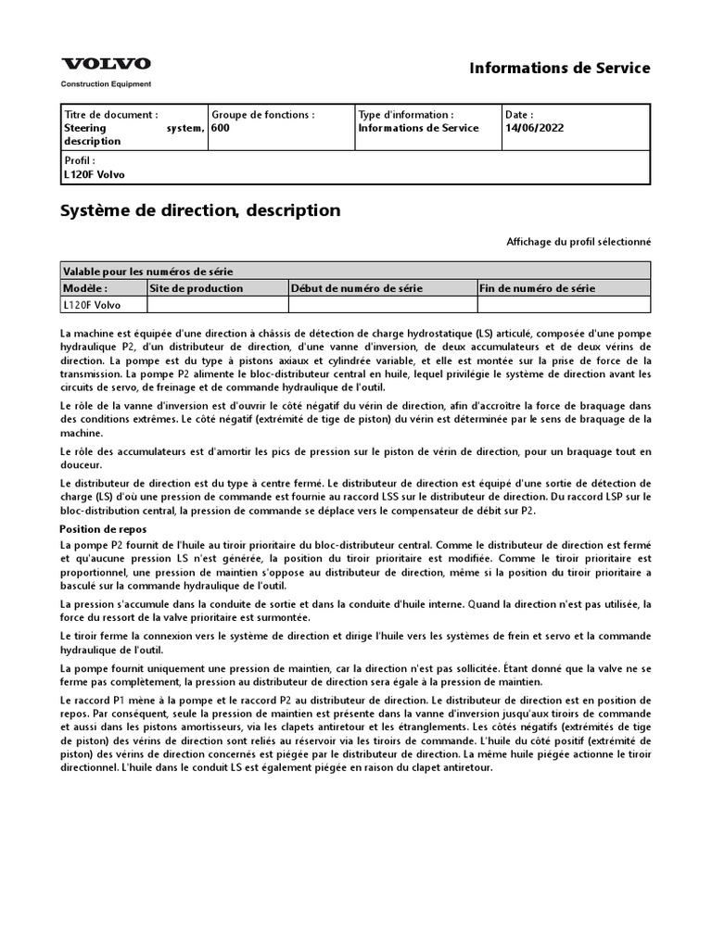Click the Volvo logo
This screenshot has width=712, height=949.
tap(106, 64)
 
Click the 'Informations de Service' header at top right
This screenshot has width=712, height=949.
tap(560, 68)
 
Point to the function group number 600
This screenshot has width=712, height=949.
tap(220, 128)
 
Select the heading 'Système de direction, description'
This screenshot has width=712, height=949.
tap(200, 210)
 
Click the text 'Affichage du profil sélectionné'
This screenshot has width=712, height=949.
tap(578, 242)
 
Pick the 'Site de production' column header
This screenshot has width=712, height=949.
tap(197, 288)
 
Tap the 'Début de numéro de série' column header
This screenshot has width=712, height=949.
tap(357, 288)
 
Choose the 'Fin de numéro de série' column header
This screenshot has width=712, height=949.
tap(537, 288)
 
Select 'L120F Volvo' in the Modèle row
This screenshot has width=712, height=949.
tap(91, 304)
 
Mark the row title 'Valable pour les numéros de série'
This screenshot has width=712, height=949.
tap(147, 272)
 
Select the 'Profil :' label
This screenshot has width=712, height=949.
tap(79, 160)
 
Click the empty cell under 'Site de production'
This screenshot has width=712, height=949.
tap(217, 304)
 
